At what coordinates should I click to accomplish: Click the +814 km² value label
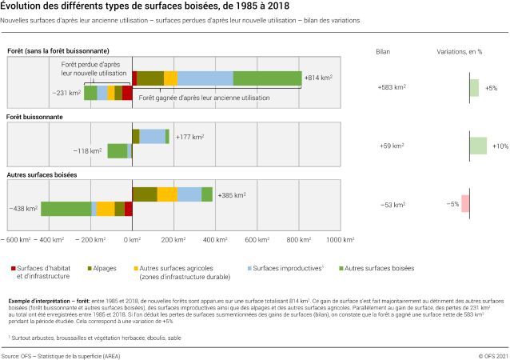pyautogui.click(x=318, y=78)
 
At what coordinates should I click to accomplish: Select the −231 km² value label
pyautogui.click(x=67, y=93)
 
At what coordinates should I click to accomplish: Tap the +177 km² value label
pyautogui.click(x=189, y=137)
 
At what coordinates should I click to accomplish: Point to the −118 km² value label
pyautogui.click(x=90, y=150)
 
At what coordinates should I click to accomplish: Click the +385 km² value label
pyautogui.click(x=232, y=194)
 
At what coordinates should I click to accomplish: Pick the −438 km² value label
pyautogui.click(x=23, y=209)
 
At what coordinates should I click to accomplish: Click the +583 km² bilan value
pyautogui.click(x=391, y=87)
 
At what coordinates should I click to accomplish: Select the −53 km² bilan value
pyautogui.click(x=391, y=204)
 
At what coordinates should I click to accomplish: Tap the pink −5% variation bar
pyautogui.click(x=465, y=204)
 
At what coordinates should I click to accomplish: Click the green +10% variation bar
pyautogui.click(x=478, y=146)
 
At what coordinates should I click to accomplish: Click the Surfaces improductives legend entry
pyautogui.click(x=284, y=268)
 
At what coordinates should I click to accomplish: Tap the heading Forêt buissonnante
pyautogui.click(x=35, y=117)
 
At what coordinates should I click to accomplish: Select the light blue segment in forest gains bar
pyautogui.click(x=205, y=78)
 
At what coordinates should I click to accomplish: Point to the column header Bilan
pyautogui.click(x=383, y=51)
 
